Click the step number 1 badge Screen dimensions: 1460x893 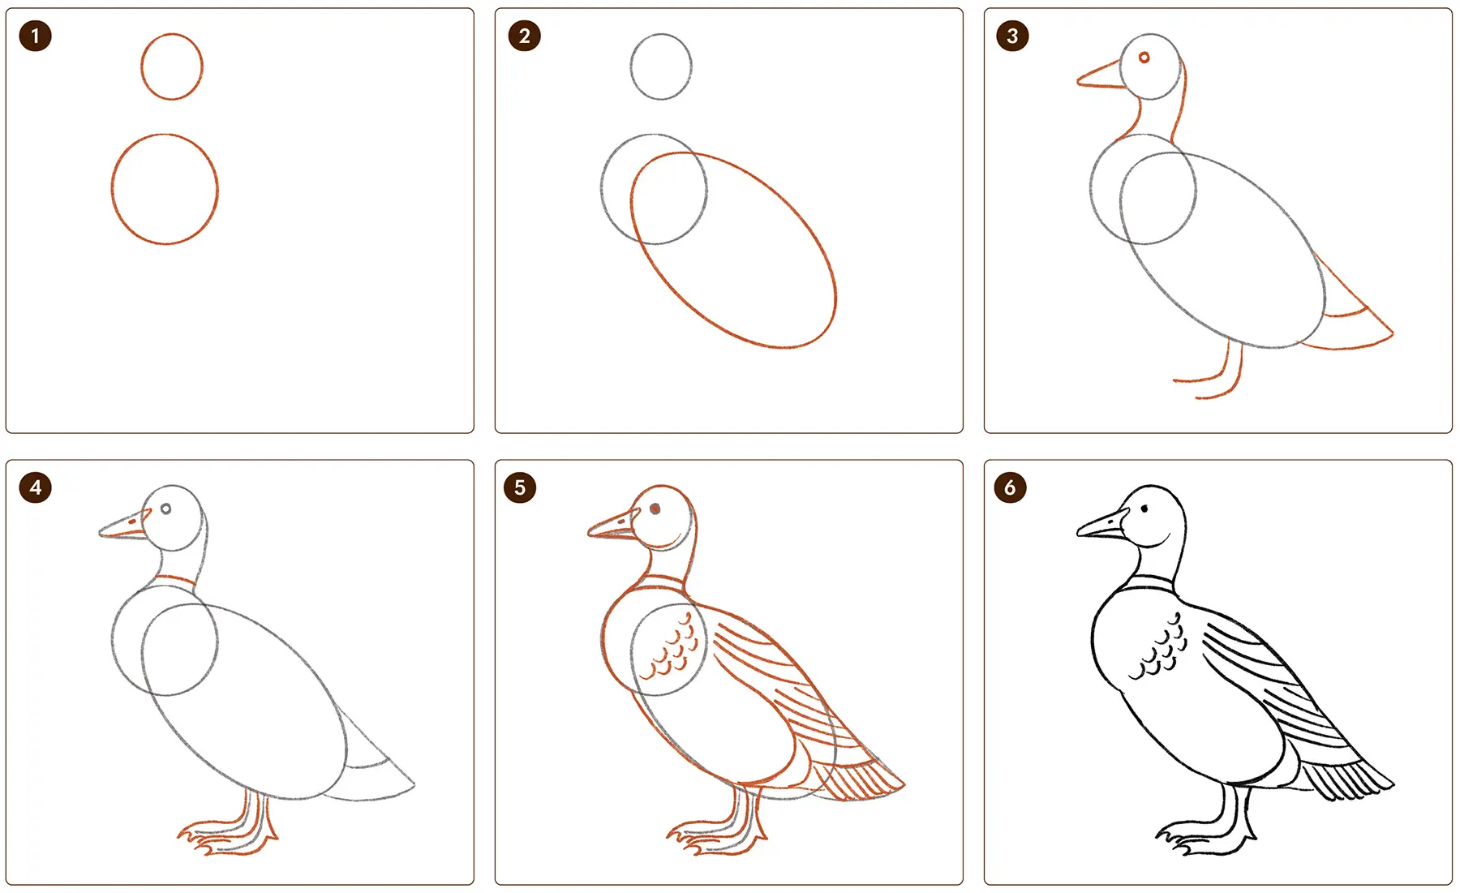[35, 36]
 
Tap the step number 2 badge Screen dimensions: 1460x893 [524, 36]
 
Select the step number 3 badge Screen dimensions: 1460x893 [1012, 36]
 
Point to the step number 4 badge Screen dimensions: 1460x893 [35, 487]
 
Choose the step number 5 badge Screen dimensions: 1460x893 [520, 487]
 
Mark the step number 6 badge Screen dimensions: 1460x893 [1010, 487]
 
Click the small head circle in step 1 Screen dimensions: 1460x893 [141, 67]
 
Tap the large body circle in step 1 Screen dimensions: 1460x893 [112, 189]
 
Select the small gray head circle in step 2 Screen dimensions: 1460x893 [630, 67]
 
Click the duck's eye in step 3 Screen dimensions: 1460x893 [1144, 58]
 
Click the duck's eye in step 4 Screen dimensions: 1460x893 [165, 509]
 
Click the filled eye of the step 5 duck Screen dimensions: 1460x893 [655, 509]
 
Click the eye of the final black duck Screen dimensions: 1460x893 [1144, 509]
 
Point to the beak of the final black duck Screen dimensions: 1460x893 [1101, 525]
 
